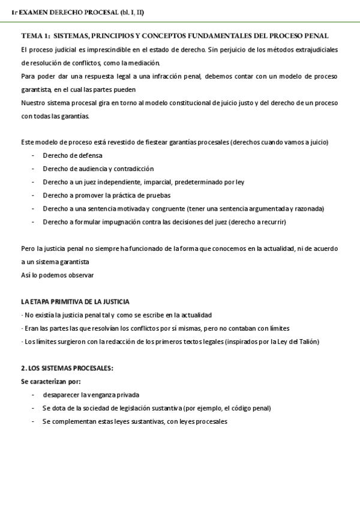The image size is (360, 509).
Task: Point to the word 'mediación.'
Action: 144,63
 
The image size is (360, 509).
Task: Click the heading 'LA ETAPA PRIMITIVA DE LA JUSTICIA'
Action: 75,301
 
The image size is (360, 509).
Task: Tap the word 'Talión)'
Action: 307,342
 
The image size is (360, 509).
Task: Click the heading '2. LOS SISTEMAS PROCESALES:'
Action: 67,368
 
